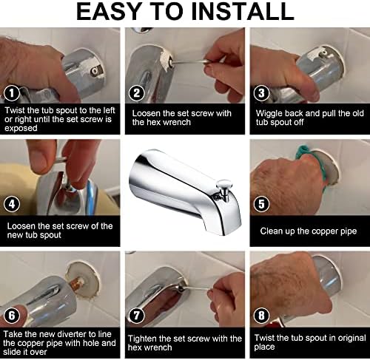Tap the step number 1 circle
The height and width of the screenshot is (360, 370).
12,93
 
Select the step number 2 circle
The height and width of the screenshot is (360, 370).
137,93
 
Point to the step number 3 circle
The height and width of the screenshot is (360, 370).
261,93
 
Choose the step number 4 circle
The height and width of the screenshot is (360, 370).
12,204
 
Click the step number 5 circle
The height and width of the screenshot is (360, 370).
261,204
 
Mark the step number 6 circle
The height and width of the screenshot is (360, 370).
12,316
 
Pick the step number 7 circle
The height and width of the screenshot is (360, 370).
137,316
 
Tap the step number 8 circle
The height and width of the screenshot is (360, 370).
261,316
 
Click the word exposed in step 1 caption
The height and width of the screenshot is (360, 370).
21,129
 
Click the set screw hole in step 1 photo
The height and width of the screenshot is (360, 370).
95,72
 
